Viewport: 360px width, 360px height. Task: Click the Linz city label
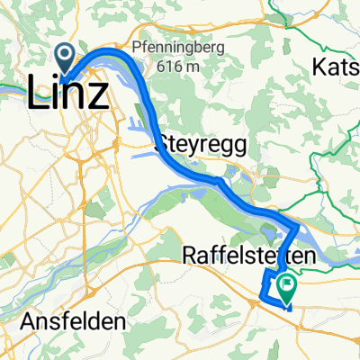(70, 93)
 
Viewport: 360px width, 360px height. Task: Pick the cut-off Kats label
(335, 66)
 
